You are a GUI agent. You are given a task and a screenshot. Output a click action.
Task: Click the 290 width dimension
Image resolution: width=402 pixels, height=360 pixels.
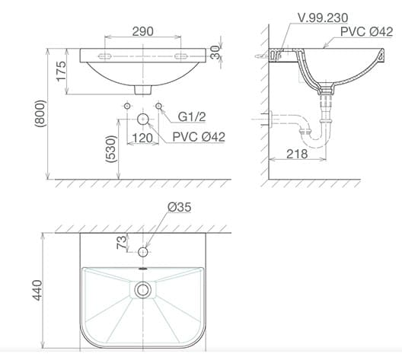[x=142, y=31]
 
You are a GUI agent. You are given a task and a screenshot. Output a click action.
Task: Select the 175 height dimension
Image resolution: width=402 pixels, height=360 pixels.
[x=61, y=71]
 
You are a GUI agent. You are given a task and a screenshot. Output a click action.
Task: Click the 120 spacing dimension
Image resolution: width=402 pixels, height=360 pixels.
[x=142, y=139]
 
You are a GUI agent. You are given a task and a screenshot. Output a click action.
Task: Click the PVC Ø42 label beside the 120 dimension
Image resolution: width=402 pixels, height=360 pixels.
[x=198, y=138]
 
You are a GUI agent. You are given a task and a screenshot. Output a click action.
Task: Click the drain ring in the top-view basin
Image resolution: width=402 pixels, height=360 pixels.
[x=142, y=289]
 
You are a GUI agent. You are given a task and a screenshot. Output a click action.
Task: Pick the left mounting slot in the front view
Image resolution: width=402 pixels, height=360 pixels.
[x=105, y=56]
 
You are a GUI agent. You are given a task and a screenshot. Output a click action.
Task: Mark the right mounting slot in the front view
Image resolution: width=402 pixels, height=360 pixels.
[x=182, y=56]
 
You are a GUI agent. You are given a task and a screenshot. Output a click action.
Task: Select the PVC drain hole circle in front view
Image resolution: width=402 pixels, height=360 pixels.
[x=142, y=119]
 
